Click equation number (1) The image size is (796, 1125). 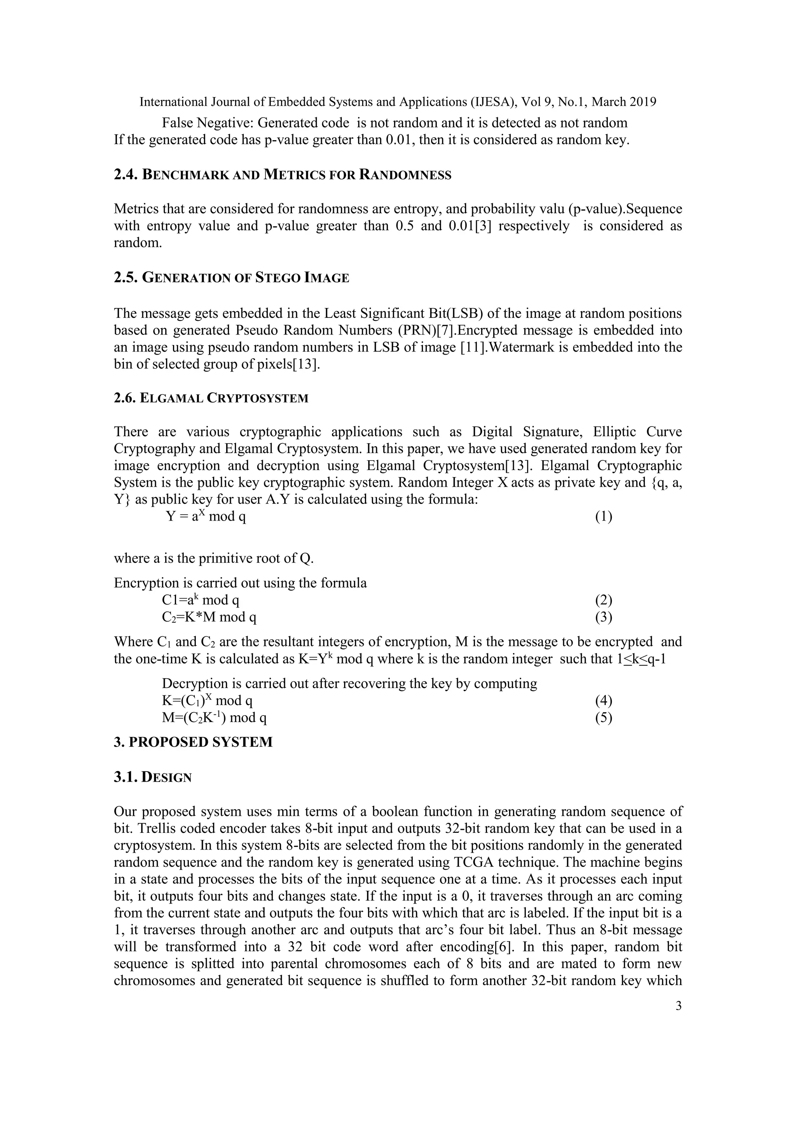tap(603, 516)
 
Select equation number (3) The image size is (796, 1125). tap(603, 617)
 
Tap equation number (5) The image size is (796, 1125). tap(603, 718)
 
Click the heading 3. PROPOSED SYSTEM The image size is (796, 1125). tap(193, 742)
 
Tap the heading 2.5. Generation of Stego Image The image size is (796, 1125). tap(231, 278)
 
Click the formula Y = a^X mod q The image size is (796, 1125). tap(206, 516)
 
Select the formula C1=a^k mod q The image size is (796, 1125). tap(201, 600)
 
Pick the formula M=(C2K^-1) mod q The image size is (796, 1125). tap(214, 718)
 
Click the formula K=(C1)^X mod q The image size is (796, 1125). tap(207, 701)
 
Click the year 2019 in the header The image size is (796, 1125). tap(642, 102)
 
